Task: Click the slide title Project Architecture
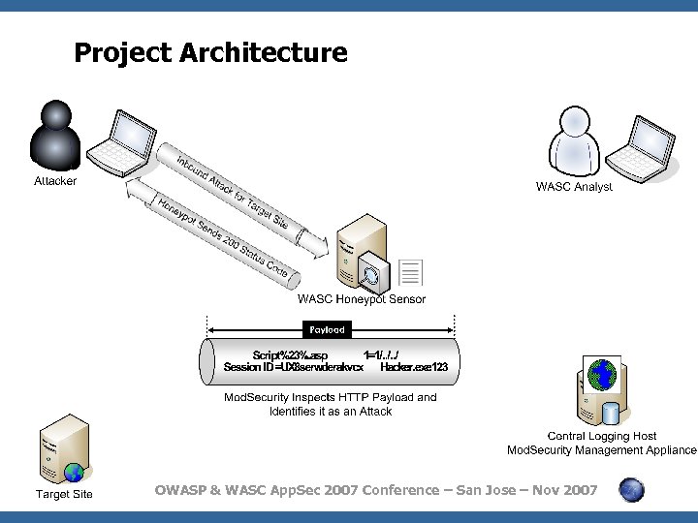point(210,52)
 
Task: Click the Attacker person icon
point(56,136)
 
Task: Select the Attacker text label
point(55,181)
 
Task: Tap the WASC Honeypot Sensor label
point(361,299)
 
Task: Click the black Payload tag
point(327,330)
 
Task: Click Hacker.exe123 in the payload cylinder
point(414,367)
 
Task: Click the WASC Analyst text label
point(574,186)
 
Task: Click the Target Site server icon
point(63,448)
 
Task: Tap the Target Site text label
point(64,495)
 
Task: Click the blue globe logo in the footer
point(632,490)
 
